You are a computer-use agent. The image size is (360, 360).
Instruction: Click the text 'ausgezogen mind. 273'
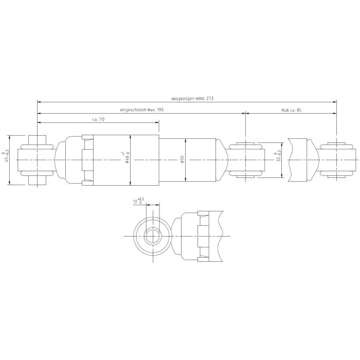(x=192, y=99)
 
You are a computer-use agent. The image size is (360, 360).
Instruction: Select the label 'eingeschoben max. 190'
(x=141, y=110)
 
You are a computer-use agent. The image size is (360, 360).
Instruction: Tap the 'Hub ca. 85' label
(x=292, y=110)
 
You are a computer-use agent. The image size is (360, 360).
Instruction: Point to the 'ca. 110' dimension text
(x=98, y=119)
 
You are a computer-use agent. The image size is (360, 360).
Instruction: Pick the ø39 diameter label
(x=183, y=159)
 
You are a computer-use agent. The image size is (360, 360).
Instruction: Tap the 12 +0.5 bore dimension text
(x=139, y=201)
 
